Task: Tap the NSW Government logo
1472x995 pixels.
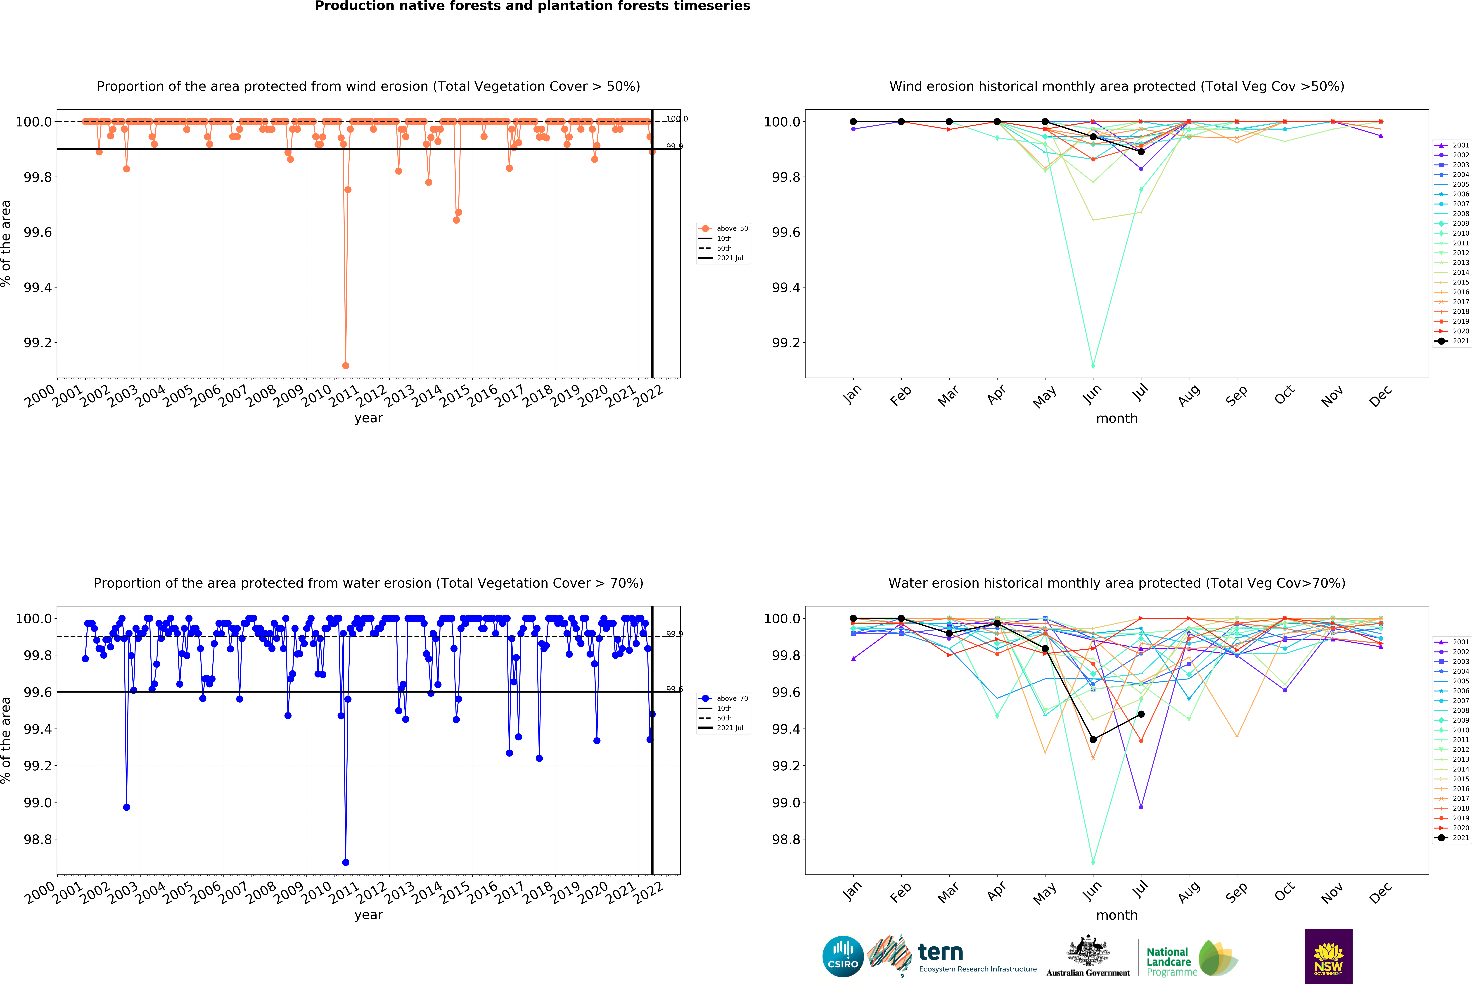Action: pyautogui.click(x=1328, y=956)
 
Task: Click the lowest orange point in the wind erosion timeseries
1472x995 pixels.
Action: pyautogui.click(x=345, y=366)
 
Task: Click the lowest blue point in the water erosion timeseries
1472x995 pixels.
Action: pyautogui.click(x=345, y=862)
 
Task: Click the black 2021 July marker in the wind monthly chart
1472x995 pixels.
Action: pyautogui.click(x=1141, y=152)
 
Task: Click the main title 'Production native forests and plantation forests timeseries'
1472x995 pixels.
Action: pyautogui.click(x=532, y=6)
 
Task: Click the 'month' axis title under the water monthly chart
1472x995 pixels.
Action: pyautogui.click(x=1117, y=915)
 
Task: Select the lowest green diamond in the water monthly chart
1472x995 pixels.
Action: pyautogui.click(x=1093, y=862)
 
